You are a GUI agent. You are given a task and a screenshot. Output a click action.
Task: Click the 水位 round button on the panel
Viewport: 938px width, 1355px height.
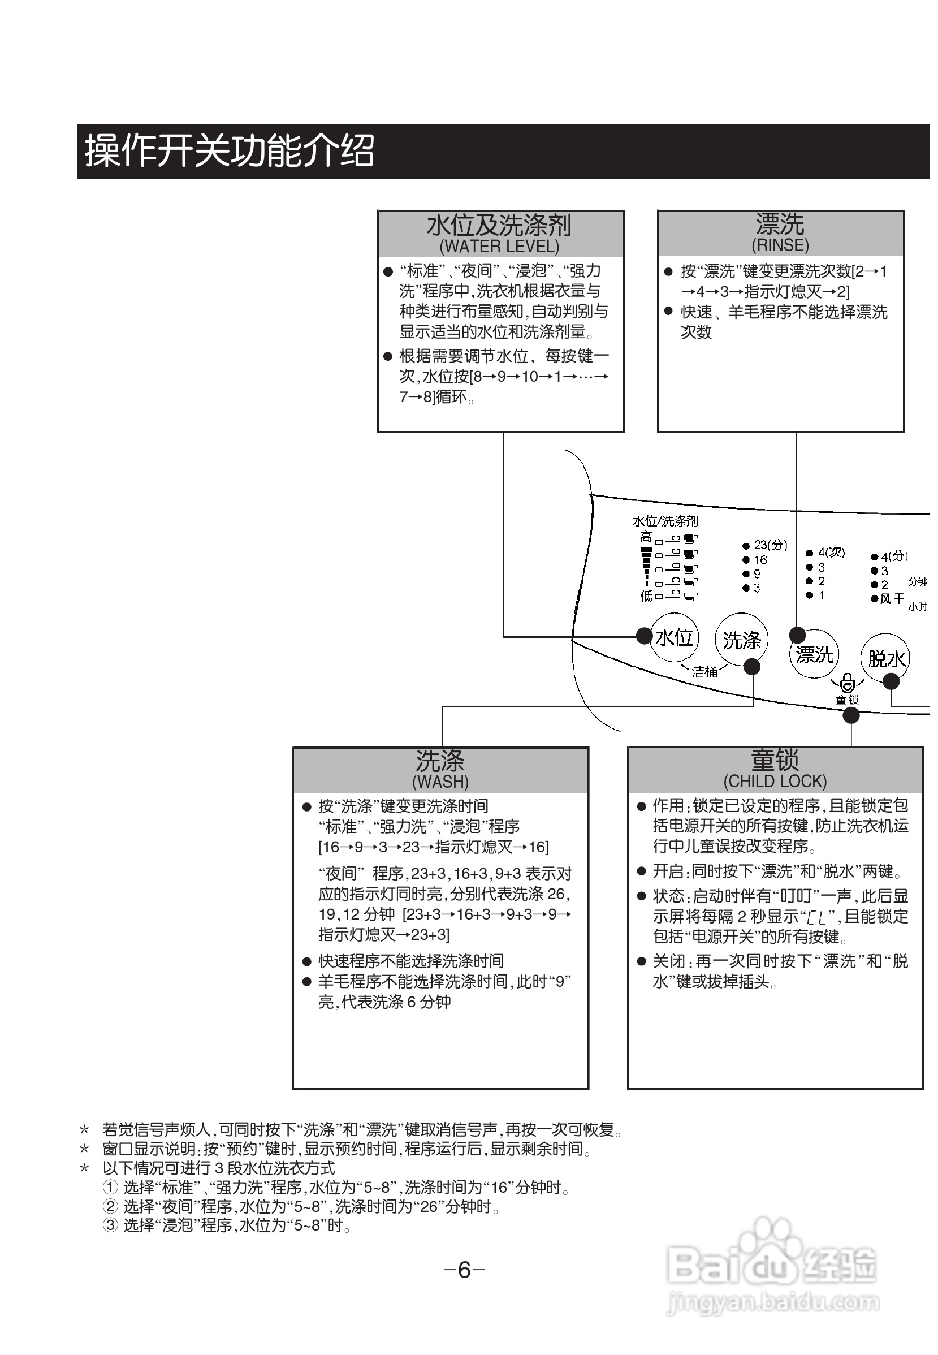pyautogui.click(x=674, y=637)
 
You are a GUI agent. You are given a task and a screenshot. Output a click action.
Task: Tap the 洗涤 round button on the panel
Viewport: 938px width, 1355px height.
pyautogui.click(x=741, y=640)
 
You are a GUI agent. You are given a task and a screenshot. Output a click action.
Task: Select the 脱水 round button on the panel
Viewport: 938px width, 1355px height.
pyautogui.click(x=885, y=658)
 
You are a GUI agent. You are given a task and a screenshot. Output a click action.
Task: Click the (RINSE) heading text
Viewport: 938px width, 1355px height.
pyautogui.click(x=780, y=244)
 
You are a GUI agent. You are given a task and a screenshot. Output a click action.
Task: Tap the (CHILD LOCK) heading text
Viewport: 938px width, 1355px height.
pyautogui.click(x=775, y=780)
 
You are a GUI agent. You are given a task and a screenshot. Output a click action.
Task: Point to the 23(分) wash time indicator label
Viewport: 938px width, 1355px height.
pyautogui.click(x=770, y=545)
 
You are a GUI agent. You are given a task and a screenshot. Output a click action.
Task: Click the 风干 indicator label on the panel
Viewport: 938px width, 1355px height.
pyautogui.click(x=892, y=598)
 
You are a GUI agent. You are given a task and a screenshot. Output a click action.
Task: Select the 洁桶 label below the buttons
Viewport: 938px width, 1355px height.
pyautogui.click(x=704, y=672)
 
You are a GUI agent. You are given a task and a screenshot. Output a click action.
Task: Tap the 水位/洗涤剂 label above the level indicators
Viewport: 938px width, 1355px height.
pyautogui.click(x=665, y=521)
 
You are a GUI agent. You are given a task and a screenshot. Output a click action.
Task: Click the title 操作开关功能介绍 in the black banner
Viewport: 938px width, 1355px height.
pyautogui.click(x=229, y=151)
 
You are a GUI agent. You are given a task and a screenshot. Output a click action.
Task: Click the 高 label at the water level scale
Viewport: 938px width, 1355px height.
pyautogui.click(x=646, y=537)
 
